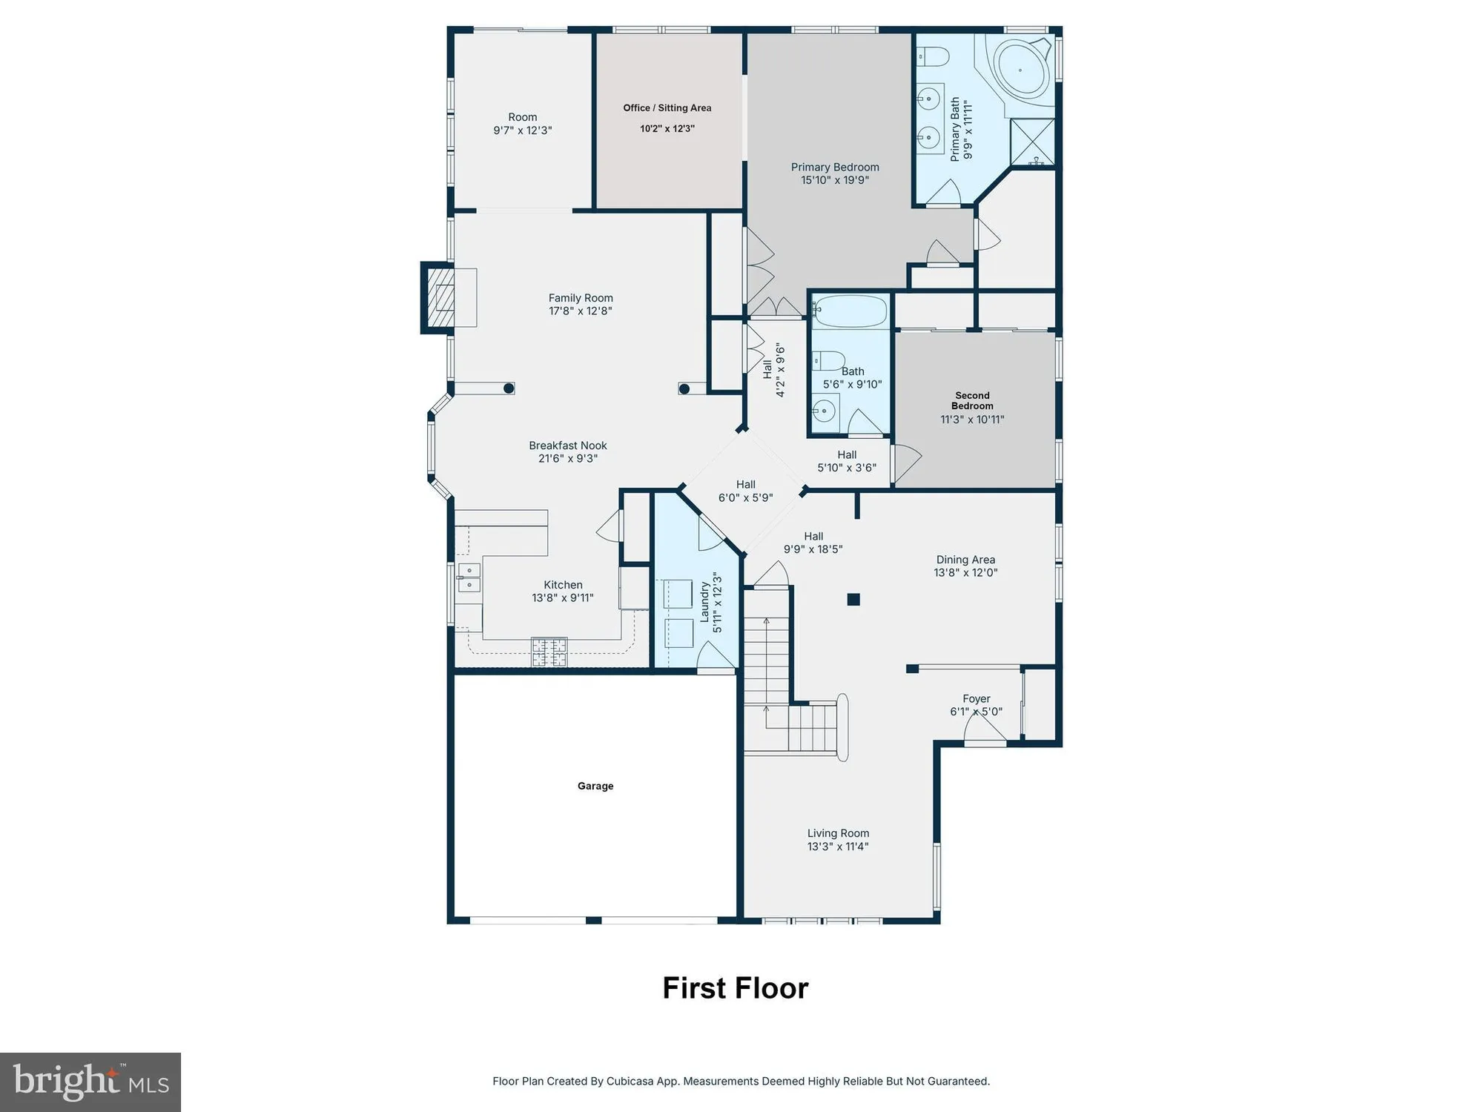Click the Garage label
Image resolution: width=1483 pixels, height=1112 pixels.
tap(595, 786)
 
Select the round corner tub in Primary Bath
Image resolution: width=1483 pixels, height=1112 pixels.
tap(1020, 70)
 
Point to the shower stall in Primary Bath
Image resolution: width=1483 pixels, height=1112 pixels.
tap(1033, 142)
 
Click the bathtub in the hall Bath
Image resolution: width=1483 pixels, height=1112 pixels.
tap(851, 312)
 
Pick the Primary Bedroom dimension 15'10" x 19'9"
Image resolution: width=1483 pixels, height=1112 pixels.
tap(835, 180)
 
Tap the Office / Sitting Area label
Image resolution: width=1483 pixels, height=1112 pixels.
tap(667, 108)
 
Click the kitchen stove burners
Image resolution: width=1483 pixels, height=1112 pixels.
tap(549, 652)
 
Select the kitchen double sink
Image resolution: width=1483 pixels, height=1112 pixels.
tap(469, 577)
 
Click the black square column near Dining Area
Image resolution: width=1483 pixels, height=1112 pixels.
tap(853, 599)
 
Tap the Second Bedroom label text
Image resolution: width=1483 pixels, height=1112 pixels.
tap(972, 400)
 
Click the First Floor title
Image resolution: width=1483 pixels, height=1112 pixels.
tap(735, 988)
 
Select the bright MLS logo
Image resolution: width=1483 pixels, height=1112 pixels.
tap(90, 1082)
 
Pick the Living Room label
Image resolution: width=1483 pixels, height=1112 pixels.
tap(838, 833)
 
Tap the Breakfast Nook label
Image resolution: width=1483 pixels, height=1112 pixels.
tap(568, 446)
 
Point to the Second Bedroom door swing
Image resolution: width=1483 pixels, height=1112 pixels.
tap(906, 462)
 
